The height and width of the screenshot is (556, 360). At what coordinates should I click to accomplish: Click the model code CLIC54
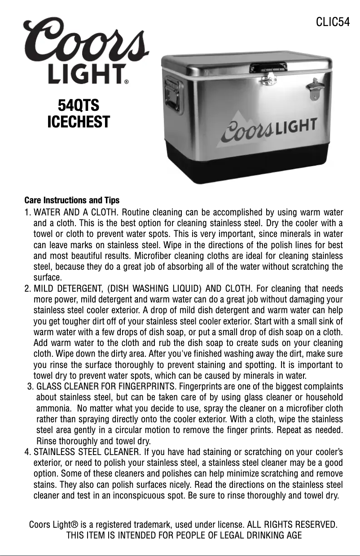[x=333, y=22]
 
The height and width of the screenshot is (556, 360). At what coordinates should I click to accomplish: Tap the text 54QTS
[x=79, y=105]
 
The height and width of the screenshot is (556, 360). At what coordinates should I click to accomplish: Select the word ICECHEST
[x=79, y=122]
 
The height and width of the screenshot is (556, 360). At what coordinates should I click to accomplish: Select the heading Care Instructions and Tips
[x=72, y=200]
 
